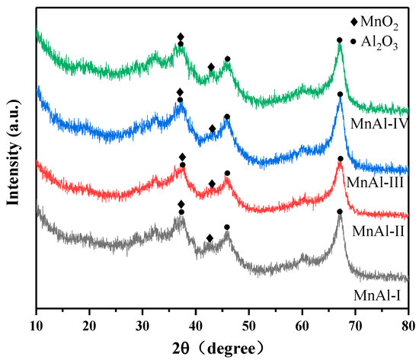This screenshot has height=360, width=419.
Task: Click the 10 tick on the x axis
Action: click(37, 318)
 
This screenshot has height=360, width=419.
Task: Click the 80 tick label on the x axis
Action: click(408, 318)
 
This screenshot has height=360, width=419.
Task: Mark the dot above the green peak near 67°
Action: click(340, 40)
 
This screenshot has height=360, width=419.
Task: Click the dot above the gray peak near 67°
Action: click(340, 211)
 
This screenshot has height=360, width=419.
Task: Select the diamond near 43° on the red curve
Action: click(212, 183)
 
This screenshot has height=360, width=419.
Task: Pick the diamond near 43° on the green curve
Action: click(211, 67)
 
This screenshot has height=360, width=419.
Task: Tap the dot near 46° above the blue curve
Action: click(226, 116)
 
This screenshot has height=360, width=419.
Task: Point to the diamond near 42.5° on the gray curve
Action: click(209, 238)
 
